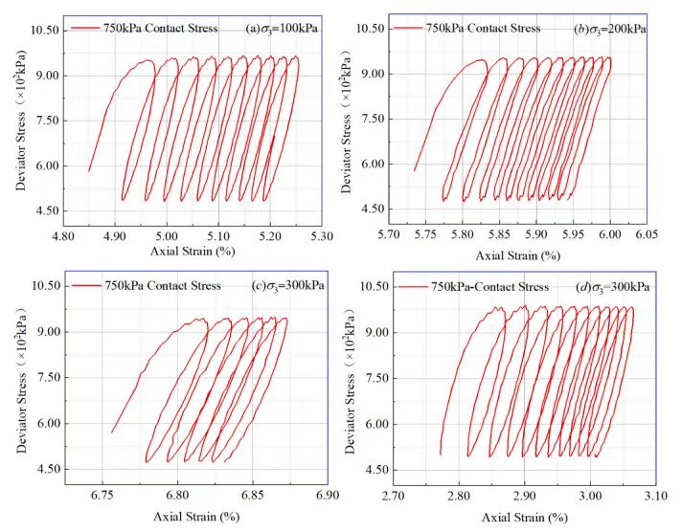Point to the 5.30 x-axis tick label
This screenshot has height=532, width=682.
pyautogui.click(x=322, y=233)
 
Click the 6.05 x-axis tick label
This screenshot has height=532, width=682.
pyautogui.click(x=647, y=233)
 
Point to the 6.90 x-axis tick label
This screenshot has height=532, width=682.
pyautogui.click(x=327, y=496)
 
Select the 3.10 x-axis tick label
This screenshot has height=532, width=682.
pyautogui.click(x=655, y=496)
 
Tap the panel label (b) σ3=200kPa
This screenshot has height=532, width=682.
pyautogui.click(x=609, y=29)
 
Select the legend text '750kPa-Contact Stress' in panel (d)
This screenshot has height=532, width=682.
pyautogui.click(x=490, y=286)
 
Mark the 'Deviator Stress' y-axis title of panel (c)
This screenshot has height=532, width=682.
pyautogui.click(x=18, y=383)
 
